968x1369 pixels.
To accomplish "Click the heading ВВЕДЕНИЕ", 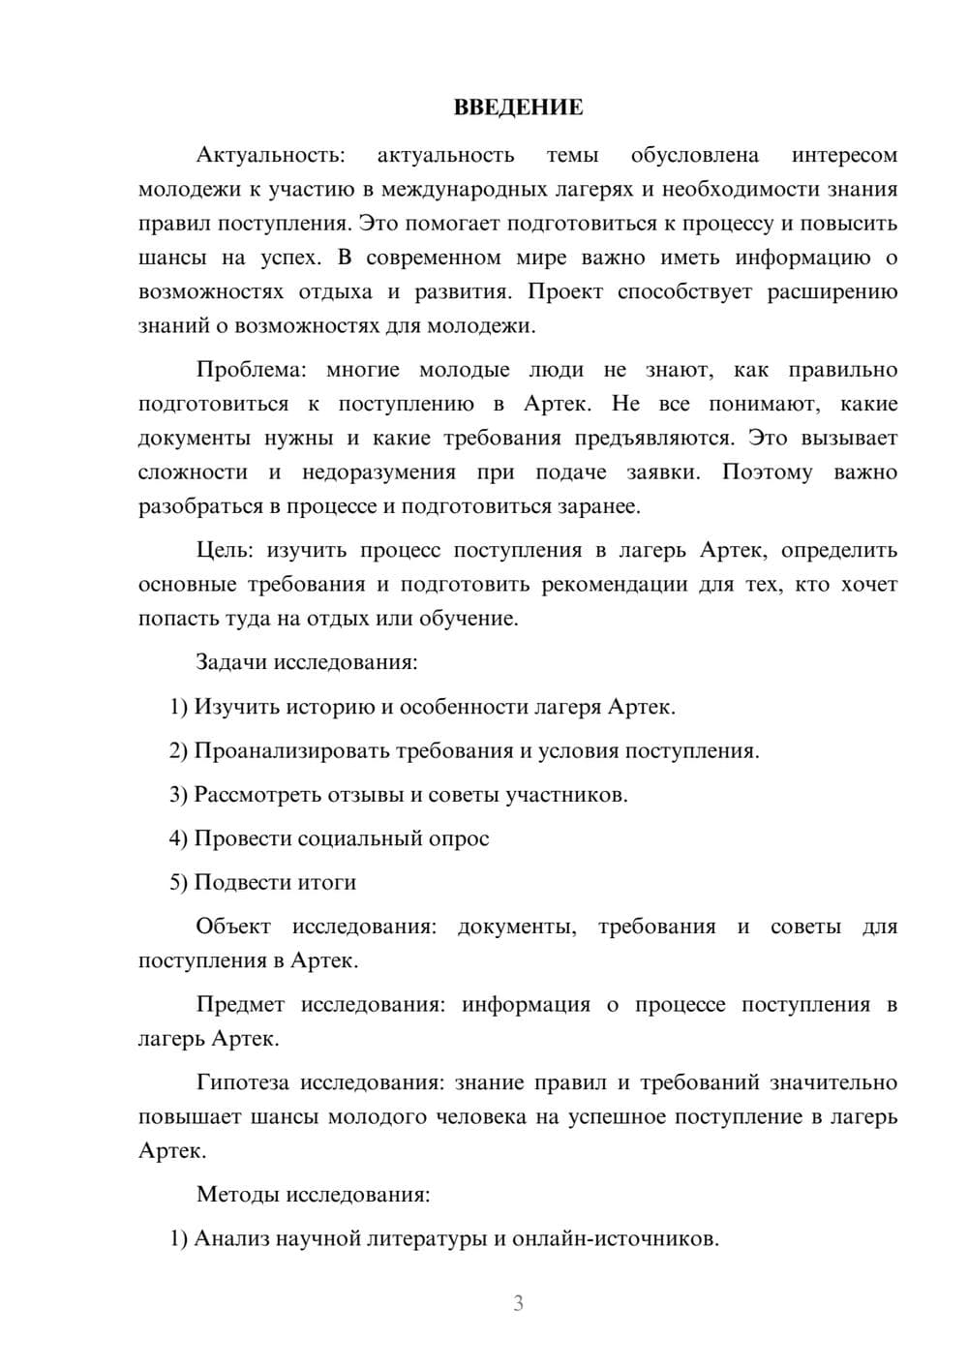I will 518,107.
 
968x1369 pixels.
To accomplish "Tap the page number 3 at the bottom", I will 518,1303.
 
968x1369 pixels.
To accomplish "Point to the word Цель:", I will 225,550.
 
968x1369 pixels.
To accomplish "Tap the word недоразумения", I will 378,472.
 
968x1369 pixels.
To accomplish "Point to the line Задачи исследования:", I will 307,662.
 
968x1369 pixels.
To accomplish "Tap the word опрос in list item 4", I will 458,838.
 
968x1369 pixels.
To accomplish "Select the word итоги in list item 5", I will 325,882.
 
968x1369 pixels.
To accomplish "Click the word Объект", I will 233,927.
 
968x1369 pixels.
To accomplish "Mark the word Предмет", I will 240,1005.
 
